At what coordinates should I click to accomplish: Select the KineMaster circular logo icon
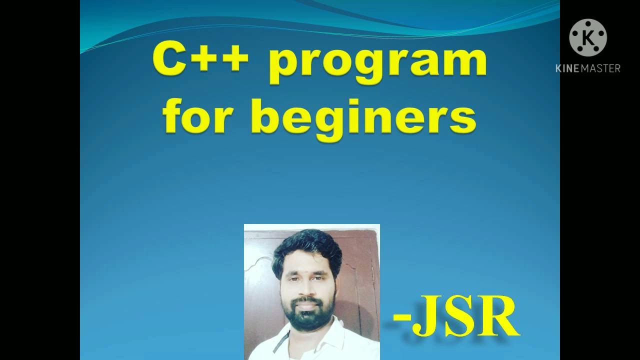click(588, 37)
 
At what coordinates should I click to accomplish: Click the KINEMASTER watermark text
click(588, 68)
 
